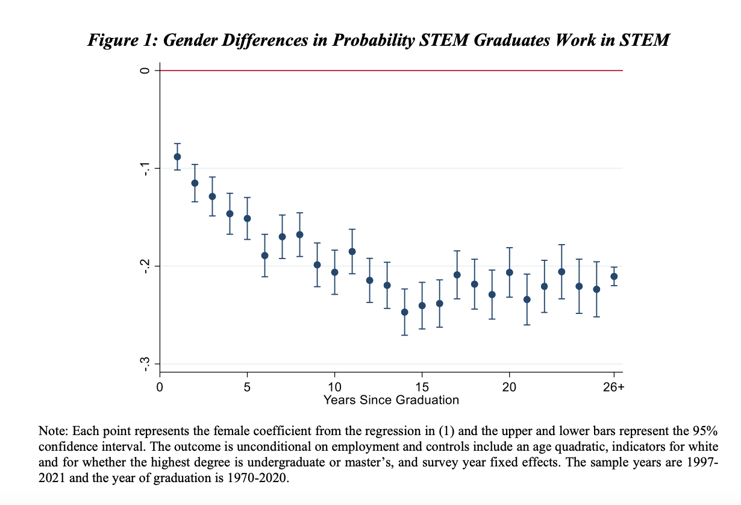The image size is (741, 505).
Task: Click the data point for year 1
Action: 177,157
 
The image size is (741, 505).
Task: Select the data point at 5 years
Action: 247,218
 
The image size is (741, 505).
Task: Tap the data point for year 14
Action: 404,312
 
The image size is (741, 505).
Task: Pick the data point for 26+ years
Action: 614,277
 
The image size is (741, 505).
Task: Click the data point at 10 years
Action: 334,272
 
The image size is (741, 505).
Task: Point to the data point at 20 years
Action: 509,272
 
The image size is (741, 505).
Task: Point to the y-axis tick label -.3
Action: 144,364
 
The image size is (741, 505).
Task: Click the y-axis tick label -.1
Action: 144,168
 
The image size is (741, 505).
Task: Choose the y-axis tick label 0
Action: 144,71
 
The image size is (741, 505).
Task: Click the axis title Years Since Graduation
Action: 391,400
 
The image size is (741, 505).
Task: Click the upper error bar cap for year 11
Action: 352,229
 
